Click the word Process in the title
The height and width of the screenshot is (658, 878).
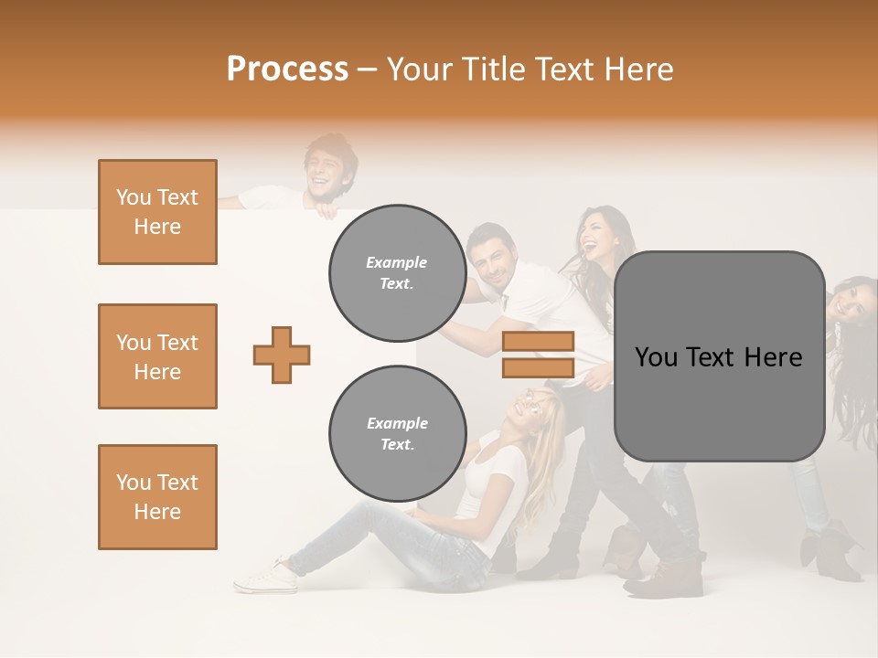pos(287,69)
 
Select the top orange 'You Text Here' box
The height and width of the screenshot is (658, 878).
pos(157,212)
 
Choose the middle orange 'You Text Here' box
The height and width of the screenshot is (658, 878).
pos(157,356)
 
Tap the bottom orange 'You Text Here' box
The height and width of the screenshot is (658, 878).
pos(157,497)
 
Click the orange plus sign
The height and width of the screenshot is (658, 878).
pos(282,355)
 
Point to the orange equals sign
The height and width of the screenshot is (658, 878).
pos(538,355)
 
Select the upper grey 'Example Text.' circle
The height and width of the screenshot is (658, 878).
pos(397,273)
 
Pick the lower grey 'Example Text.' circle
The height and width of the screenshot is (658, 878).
pos(397,434)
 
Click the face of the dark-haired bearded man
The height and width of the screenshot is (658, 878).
pos(493,260)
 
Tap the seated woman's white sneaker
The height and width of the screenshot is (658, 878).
pos(265,577)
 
